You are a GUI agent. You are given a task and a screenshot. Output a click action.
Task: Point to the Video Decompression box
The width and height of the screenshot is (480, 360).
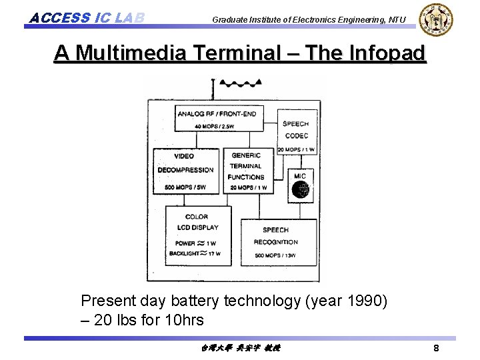[186, 170]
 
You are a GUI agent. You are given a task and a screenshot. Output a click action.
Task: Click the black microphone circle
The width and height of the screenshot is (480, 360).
[301, 191]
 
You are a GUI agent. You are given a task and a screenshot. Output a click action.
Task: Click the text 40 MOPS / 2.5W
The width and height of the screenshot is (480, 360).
[216, 126]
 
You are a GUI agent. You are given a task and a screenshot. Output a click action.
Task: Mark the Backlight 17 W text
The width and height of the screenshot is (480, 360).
[196, 254]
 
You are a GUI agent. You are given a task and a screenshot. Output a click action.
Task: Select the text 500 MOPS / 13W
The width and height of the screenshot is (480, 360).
[275, 255]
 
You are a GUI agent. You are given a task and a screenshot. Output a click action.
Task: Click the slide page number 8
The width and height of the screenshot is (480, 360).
[436, 349]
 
